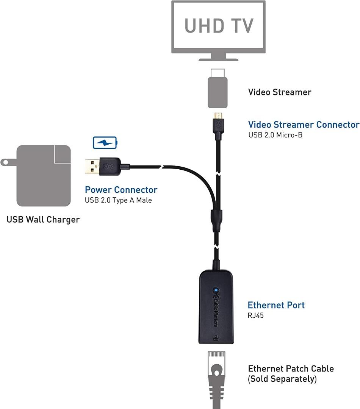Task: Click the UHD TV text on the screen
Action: click(x=218, y=25)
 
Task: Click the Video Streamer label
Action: click(x=280, y=92)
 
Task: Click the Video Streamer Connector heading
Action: click(x=304, y=125)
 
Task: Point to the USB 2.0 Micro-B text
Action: click(x=275, y=135)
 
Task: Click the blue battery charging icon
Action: click(x=105, y=143)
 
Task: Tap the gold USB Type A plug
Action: click(x=93, y=165)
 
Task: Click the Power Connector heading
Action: click(x=121, y=190)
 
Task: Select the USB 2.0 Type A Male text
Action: click(x=118, y=200)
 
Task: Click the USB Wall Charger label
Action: click(x=43, y=220)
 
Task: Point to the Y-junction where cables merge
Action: click(x=216, y=220)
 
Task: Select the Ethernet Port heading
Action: click(x=276, y=305)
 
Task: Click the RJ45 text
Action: click(x=256, y=315)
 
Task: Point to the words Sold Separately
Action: click(x=282, y=379)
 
